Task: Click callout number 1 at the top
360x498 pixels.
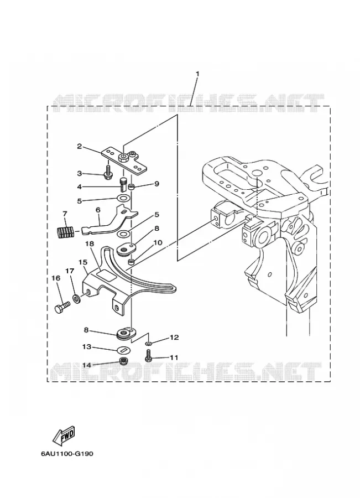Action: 197,74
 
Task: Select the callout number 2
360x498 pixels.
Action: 80,146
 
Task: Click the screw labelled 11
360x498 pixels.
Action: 148,355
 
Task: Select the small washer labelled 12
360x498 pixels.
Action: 149,343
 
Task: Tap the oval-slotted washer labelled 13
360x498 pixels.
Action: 124,350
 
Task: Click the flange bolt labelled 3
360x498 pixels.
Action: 108,171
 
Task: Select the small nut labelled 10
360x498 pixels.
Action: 131,262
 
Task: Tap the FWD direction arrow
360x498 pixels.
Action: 64,436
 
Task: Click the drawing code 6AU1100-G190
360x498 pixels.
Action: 67,453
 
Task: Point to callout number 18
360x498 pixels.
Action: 90,243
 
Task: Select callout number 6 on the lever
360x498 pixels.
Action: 98,210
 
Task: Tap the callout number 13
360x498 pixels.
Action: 87,347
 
